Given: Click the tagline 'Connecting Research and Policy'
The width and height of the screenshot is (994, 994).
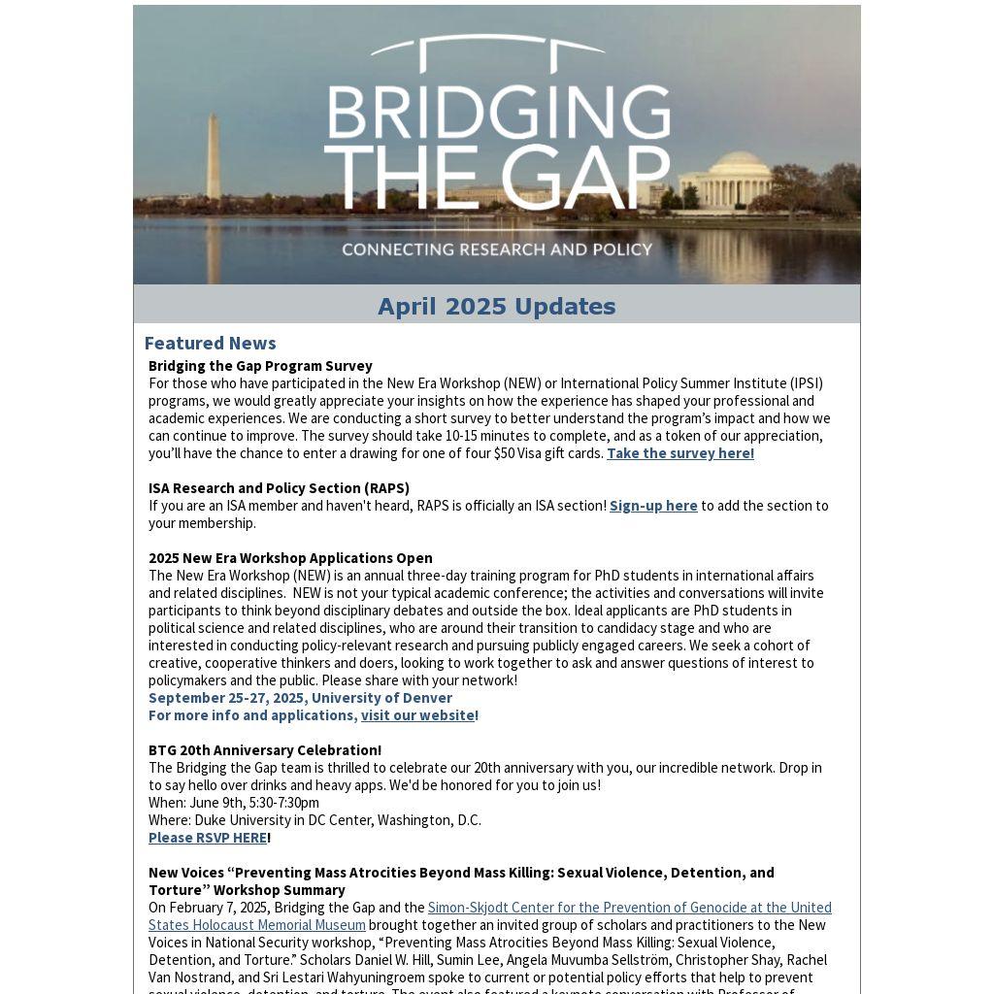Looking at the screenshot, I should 497,249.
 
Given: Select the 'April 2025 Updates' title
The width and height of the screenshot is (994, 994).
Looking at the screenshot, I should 497,307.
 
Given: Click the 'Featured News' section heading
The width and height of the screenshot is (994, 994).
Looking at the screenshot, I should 210,343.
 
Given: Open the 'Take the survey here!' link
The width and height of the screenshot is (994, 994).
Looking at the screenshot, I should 679,453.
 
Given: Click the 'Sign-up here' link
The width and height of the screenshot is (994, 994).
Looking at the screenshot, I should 653,506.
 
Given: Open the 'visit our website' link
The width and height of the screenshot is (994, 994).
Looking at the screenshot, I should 417,715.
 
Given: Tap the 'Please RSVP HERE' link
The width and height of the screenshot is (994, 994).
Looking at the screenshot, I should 208,838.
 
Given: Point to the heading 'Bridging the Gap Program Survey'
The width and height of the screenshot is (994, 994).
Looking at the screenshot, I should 260,366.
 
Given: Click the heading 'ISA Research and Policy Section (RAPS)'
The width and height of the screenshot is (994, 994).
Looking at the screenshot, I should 279,488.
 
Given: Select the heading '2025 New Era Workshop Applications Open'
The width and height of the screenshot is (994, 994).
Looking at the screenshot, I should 290,558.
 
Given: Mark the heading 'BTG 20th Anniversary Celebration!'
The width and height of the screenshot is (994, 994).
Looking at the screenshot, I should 265,750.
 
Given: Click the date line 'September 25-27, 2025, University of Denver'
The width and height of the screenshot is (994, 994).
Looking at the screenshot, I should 300,698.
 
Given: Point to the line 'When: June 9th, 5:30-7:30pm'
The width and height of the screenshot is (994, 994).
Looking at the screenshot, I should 234,803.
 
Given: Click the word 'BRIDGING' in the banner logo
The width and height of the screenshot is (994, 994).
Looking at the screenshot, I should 497,114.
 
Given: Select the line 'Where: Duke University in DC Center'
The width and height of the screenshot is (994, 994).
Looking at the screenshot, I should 315,820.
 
